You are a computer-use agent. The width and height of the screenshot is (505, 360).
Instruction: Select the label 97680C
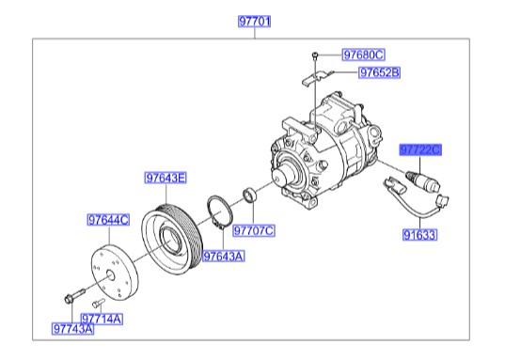tap(362, 55)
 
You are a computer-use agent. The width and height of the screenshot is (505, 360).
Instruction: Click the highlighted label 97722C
tap(420, 149)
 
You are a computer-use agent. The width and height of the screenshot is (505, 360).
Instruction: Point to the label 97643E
tap(166, 177)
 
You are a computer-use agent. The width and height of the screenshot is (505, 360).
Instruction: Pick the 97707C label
tap(253, 229)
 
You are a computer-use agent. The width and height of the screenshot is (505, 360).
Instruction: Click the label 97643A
tap(224, 255)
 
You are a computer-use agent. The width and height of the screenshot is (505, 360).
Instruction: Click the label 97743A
tap(72, 329)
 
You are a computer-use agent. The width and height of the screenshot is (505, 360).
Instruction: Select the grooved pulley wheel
tap(172, 235)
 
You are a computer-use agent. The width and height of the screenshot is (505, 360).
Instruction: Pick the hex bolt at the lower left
tap(71, 301)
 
